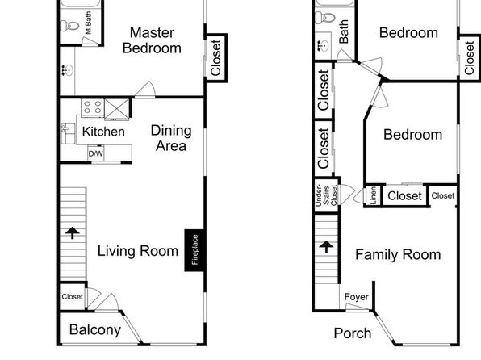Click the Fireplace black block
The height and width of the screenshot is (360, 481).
194,250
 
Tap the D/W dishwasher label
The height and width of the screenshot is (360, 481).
96,153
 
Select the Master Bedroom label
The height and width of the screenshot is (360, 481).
152,40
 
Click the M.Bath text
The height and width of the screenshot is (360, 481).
88,23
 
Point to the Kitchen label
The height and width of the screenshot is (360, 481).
103,132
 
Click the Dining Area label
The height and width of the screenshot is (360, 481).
171,138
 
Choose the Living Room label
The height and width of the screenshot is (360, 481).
138,251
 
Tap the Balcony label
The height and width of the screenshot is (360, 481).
95,330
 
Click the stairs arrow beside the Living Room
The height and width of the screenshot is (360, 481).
73,232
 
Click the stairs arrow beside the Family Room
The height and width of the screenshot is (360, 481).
326,246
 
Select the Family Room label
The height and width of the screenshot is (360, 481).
398,255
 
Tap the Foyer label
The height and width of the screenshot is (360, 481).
357,297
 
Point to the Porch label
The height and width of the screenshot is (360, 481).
353,333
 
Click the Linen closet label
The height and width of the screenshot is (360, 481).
373,195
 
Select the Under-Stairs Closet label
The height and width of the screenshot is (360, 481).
326,195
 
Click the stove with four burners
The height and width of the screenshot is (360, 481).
93,107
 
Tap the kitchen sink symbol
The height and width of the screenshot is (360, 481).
68,133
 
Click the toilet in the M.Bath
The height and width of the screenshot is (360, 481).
69,26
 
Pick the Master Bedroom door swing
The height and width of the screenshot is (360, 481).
145,90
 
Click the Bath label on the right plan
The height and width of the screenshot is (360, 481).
344,31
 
